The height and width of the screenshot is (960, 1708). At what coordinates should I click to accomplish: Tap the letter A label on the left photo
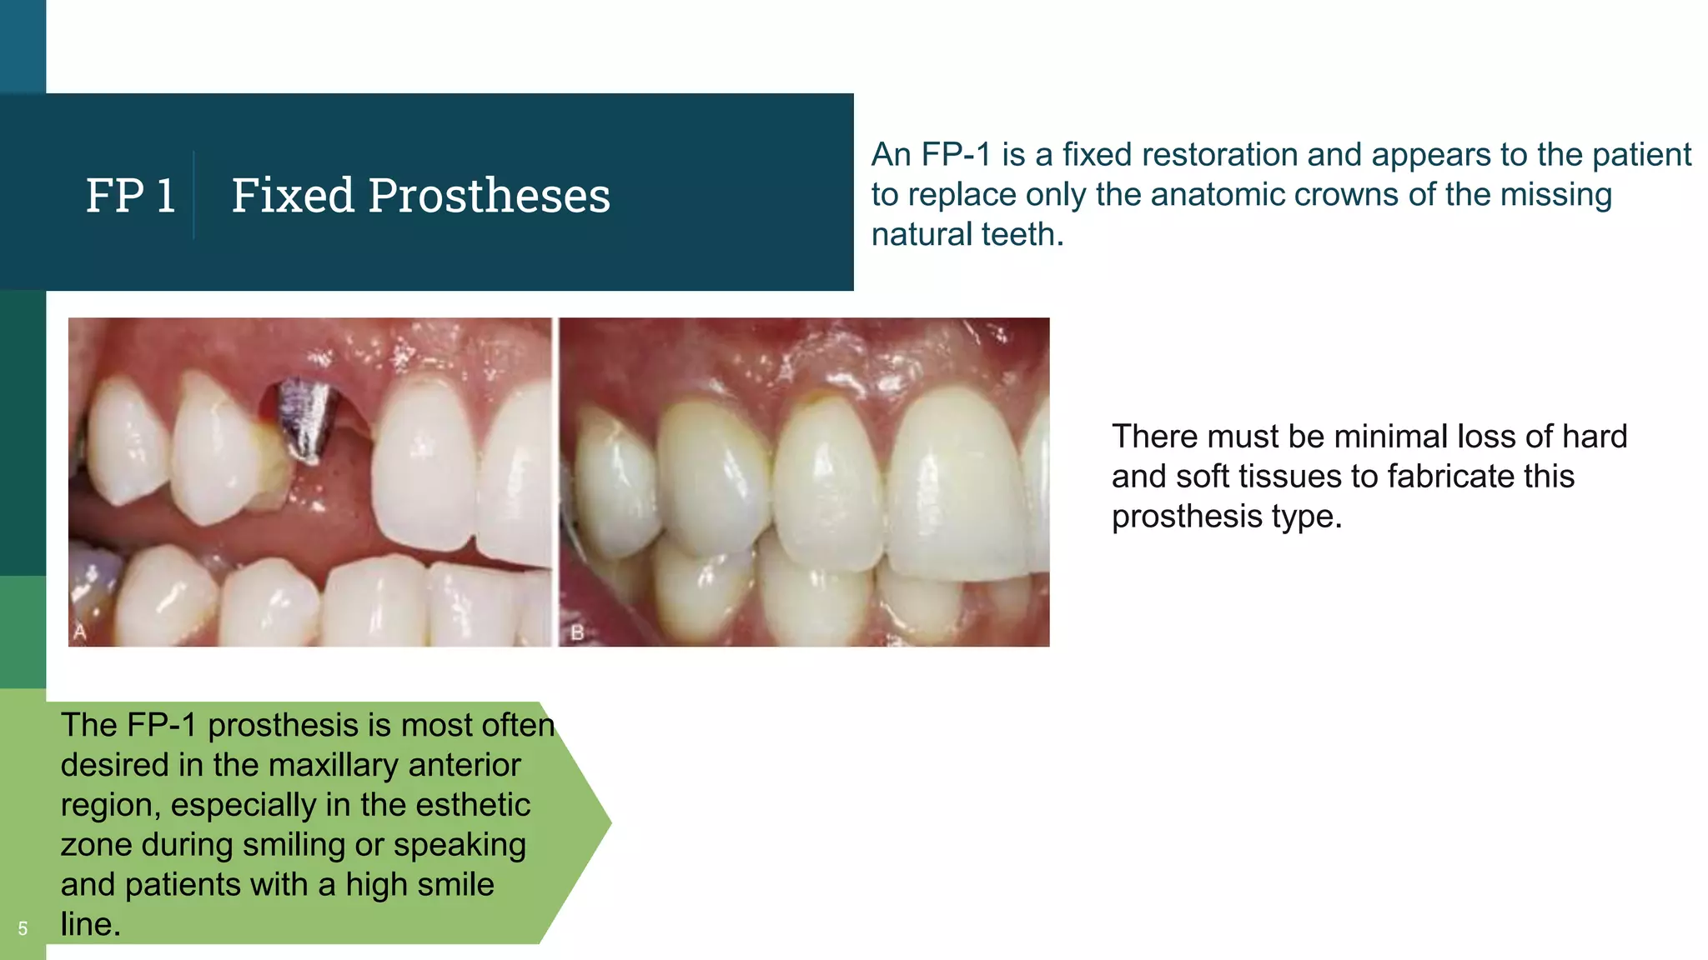pos(80,632)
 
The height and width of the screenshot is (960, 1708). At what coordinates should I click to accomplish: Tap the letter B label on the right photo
pos(577,633)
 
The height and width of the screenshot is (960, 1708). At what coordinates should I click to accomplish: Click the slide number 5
pos(23,928)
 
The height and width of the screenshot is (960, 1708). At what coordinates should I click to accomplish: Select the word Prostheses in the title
pos(489,196)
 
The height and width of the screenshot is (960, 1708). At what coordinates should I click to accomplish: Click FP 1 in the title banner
pos(131,196)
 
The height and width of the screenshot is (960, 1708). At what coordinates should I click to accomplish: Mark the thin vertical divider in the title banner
pos(193,196)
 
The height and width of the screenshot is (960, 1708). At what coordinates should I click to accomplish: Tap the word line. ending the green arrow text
pos(90,924)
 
